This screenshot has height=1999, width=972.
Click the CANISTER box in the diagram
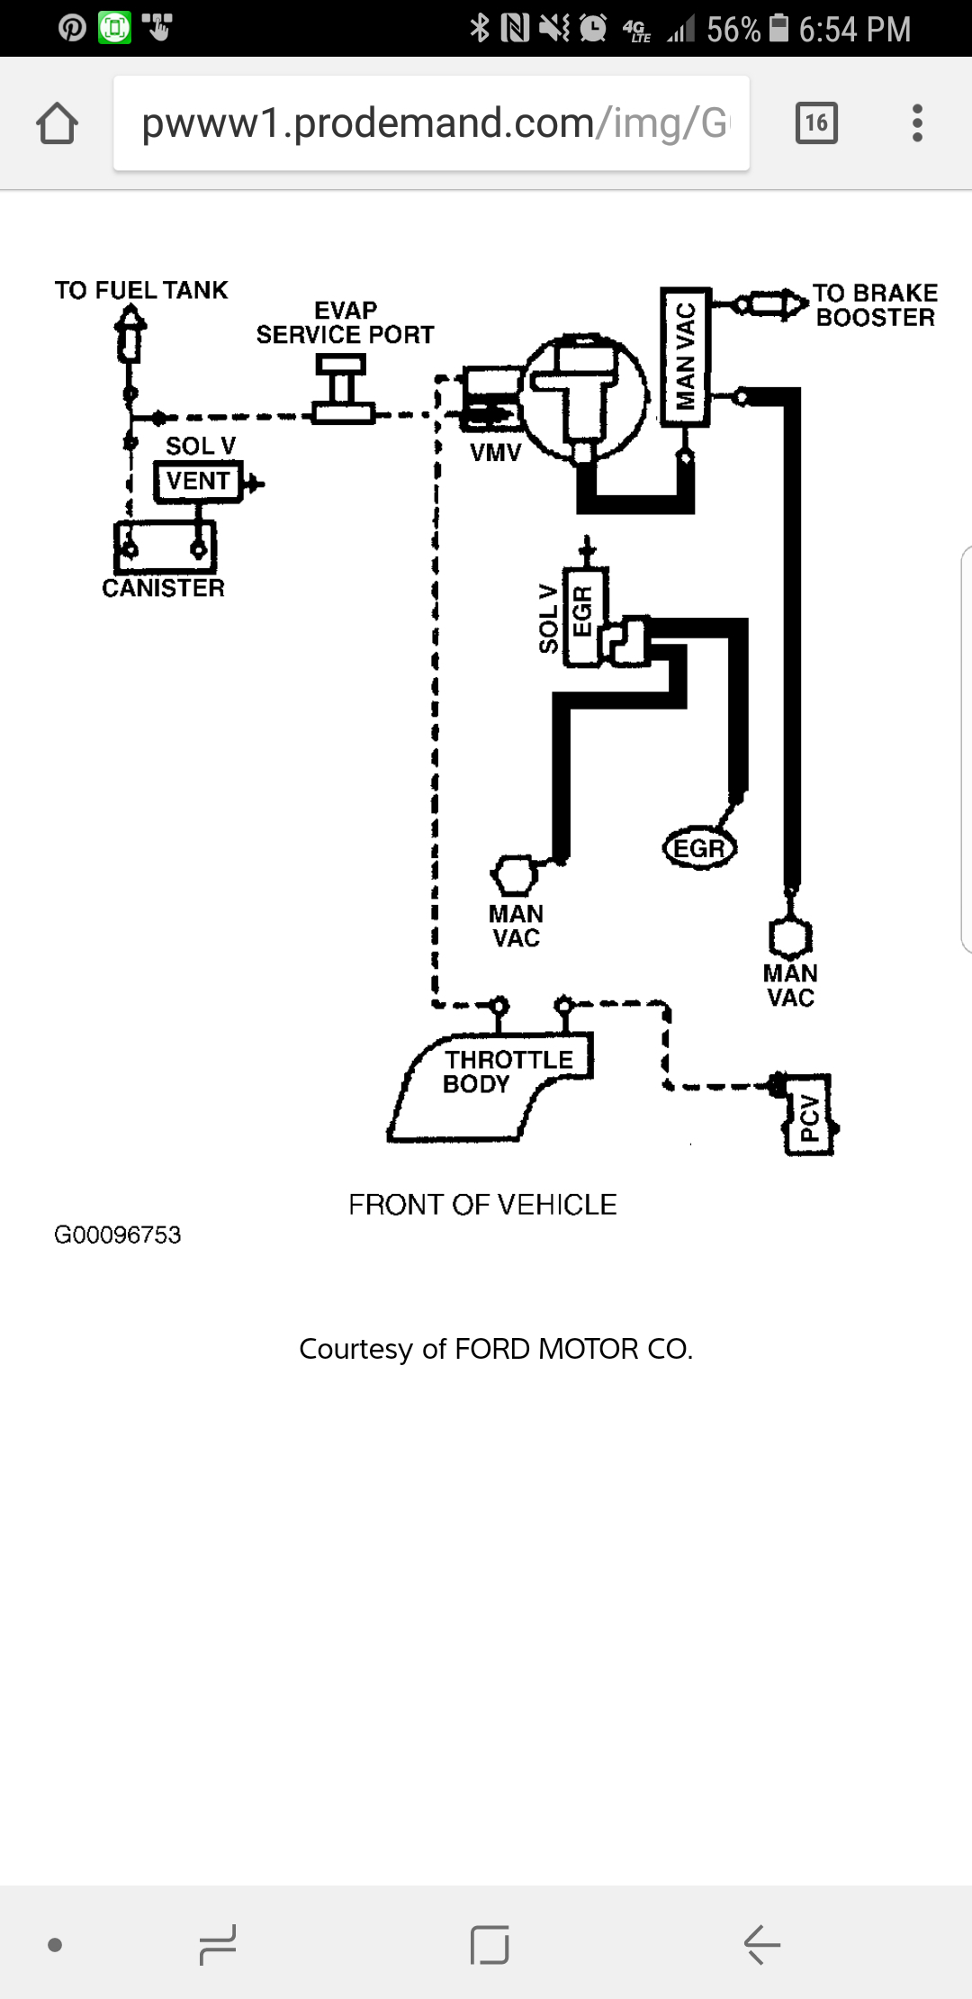click(x=165, y=547)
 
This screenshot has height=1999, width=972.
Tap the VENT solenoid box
click(x=198, y=481)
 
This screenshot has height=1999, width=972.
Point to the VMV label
click(x=495, y=453)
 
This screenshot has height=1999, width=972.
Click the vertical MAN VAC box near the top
click(x=686, y=357)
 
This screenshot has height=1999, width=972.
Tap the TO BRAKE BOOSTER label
click(x=875, y=305)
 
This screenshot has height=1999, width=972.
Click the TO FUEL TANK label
click(x=141, y=290)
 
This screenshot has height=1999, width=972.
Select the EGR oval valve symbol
click(x=699, y=848)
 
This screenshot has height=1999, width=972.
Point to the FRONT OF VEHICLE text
click(x=482, y=1204)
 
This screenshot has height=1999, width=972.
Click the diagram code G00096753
click(x=118, y=1235)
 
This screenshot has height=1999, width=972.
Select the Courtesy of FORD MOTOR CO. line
click(x=496, y=1349)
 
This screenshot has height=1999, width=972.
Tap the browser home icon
click(x=57, y=123)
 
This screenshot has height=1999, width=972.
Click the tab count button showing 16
click(x=816, y=123)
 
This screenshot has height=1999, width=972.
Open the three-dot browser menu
click(x=917, y=123)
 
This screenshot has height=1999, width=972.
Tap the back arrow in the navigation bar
click(x=761, y=1945)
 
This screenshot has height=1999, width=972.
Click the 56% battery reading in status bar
click(x=733, y=30)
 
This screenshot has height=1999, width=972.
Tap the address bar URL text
click(x=432, y=123)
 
